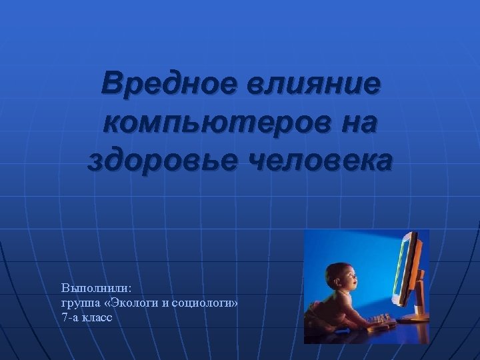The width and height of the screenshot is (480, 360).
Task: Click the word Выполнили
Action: tap(97, 288)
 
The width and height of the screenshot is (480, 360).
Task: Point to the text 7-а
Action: tap(69, 318)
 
